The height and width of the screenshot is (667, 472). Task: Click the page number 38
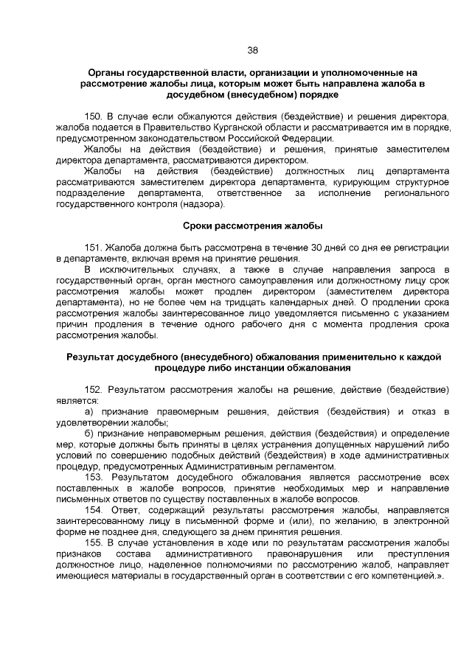pyautogui.click(x=252, y=50)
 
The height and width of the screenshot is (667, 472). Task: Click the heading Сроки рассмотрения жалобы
pyautogui.click(x=251, y=225)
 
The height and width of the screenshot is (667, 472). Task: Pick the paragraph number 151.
pyautogui.click(x=95, y=247)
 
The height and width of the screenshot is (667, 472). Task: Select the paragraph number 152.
pyautogui.click(x=95, y=389)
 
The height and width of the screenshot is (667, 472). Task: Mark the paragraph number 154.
pyautogui.click(x=95, y=509)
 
